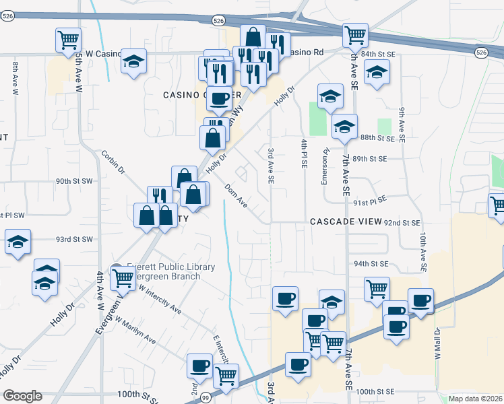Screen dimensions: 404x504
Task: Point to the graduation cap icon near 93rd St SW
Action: click(18, 242)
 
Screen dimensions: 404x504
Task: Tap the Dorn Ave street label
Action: click(237, 196)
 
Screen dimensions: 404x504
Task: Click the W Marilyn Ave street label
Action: click(135, 331)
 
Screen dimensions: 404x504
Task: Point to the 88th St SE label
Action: click(377, 138)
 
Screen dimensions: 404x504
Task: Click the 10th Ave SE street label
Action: click(422, 248)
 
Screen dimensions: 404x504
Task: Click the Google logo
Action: click(22, 396)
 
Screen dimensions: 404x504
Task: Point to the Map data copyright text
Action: click(476, 399)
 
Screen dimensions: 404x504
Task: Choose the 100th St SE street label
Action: click(374, 391)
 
